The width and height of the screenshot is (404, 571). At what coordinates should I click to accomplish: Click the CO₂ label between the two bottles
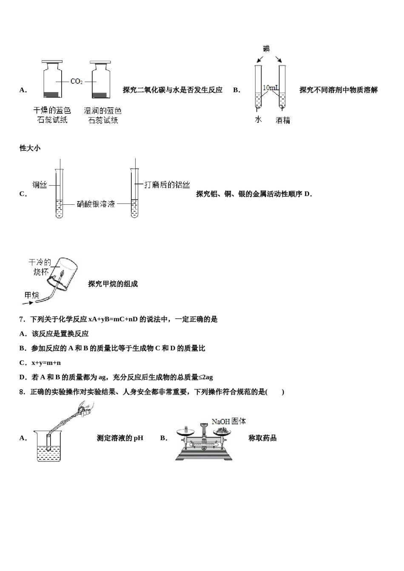coord(77,81)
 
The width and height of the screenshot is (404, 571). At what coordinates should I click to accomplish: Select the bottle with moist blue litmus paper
coord(101,82)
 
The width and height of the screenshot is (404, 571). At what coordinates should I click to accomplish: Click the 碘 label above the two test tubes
coord(267,49)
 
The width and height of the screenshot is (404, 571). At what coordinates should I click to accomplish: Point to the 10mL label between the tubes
coord(270,88)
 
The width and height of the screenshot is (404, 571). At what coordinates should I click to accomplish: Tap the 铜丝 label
coord(40,185)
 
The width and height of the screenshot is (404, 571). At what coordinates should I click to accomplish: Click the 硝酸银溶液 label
coord(96,204)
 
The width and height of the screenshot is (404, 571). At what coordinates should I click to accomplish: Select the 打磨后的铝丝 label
coord(167,184)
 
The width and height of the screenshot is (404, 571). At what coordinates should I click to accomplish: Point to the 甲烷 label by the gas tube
coord(31,294)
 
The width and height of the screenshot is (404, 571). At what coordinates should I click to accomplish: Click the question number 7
coord(22,319)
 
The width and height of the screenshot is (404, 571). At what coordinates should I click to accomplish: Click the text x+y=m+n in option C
coord(46,363)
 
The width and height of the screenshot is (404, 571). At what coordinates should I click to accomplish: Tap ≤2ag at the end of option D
coord(206,377)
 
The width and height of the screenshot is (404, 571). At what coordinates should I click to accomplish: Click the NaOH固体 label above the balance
coord(229,421)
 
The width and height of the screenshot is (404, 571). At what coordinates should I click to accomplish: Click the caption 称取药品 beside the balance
coord(262,438)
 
